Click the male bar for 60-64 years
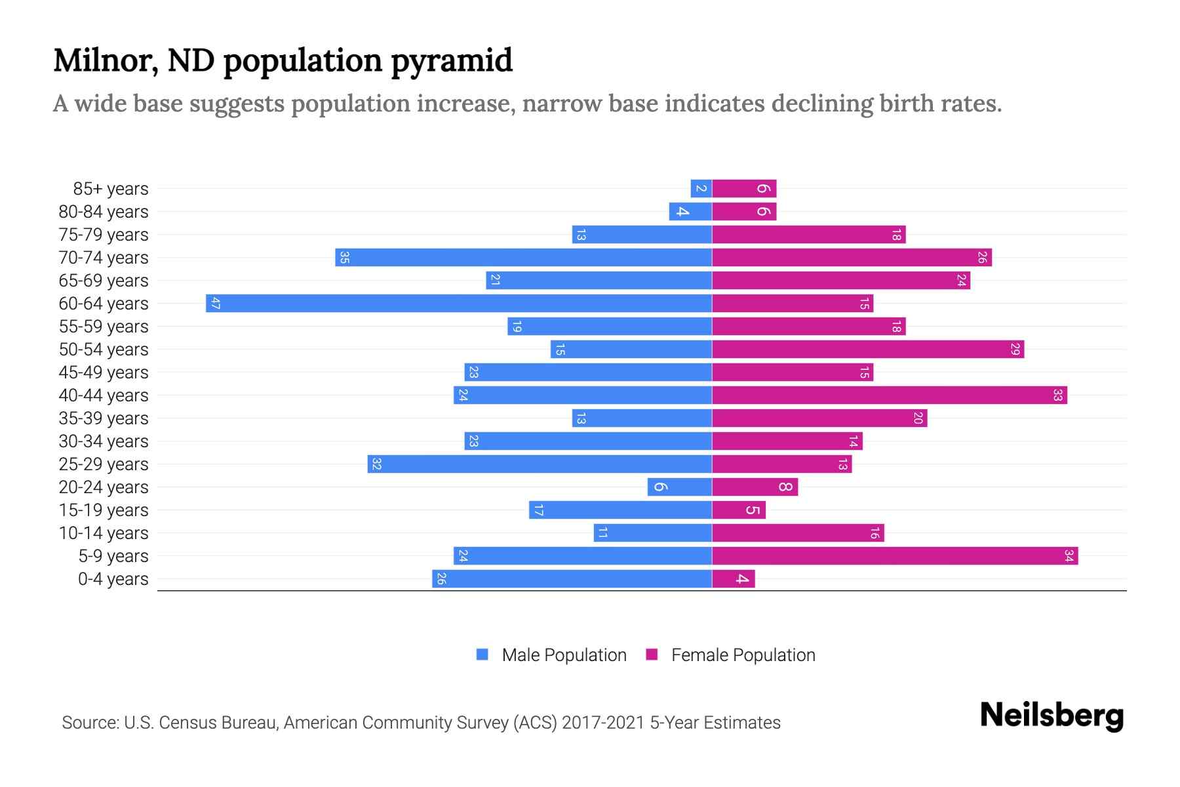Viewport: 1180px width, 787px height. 459,303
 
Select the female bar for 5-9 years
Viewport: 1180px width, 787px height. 895,555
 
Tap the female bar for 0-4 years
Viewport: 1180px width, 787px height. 733,578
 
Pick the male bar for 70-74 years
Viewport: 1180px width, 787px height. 523,257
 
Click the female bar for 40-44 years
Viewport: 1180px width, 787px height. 889,395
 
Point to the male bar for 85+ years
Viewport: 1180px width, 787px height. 701,188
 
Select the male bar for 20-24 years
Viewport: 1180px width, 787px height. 679,487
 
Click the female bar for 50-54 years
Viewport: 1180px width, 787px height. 868,349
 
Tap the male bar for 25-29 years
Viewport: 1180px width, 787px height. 540,464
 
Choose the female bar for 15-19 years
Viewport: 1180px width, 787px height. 738,510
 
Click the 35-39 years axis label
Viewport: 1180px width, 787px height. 104,418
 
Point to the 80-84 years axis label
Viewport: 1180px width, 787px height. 104,211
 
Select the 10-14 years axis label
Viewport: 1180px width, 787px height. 104,533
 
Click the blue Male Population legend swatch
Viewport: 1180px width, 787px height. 482,655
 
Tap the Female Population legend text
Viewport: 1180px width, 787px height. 743,655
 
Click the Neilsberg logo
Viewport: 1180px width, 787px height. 1052,715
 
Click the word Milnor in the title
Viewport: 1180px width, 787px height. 106,60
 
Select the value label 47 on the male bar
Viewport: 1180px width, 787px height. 215,303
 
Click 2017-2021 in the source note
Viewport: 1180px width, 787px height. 603,722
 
